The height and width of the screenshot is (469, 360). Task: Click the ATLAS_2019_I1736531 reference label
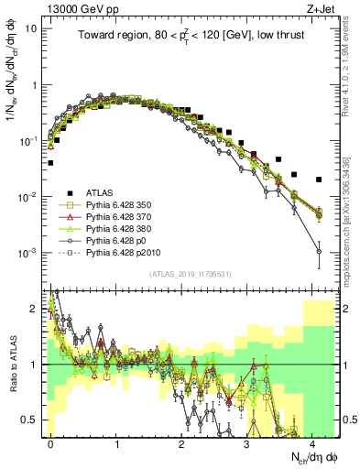click(184, 273)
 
